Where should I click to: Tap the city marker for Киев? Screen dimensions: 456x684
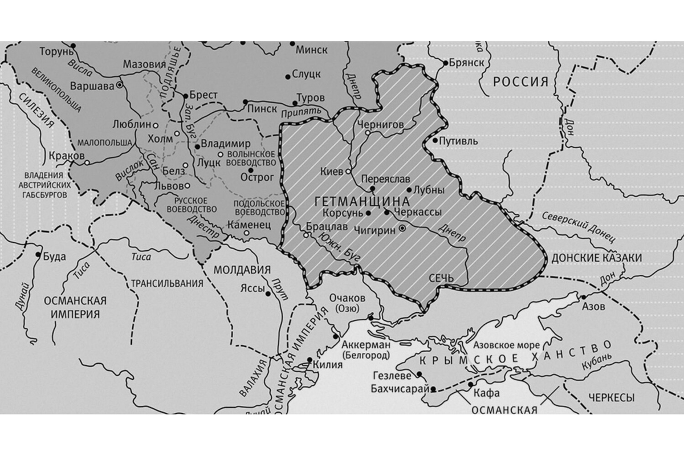pyautogui.click(x=348, y=171)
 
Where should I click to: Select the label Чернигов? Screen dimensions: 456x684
pyautogui.click(x=381, y=124)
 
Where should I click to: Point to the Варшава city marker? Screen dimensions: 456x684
pyautogui.click(x=120, y=84)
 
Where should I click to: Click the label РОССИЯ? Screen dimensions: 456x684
pyautogui.click(x=520, y=82)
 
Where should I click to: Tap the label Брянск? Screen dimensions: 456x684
pyautogui.click(x=466, y=62)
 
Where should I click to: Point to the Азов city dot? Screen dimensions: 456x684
pyautogui.click(x=583, y=298)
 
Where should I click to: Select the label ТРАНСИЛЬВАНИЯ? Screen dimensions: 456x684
pyautogui.click(x=167, y=283)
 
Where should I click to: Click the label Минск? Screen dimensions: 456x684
pyautogui.click(x=311, y=50)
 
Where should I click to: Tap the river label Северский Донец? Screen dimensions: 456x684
pyautogui.click(x=577, y=225)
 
